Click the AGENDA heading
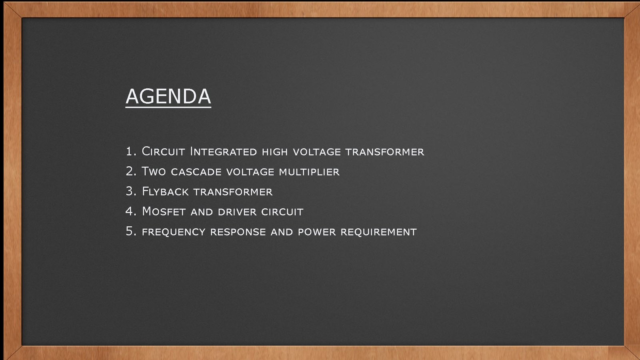point(168,96)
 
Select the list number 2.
point(131,171)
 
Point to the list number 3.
point(131,191)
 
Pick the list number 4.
point(131,211)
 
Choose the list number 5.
point(131,231)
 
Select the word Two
point(154,172)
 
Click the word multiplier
point(310,172)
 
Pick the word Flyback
point(165,192)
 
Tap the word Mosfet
point(164,212)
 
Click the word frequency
point(174,232)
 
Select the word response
point(238,232)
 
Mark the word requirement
point(379,232)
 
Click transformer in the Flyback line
point(233,192)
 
